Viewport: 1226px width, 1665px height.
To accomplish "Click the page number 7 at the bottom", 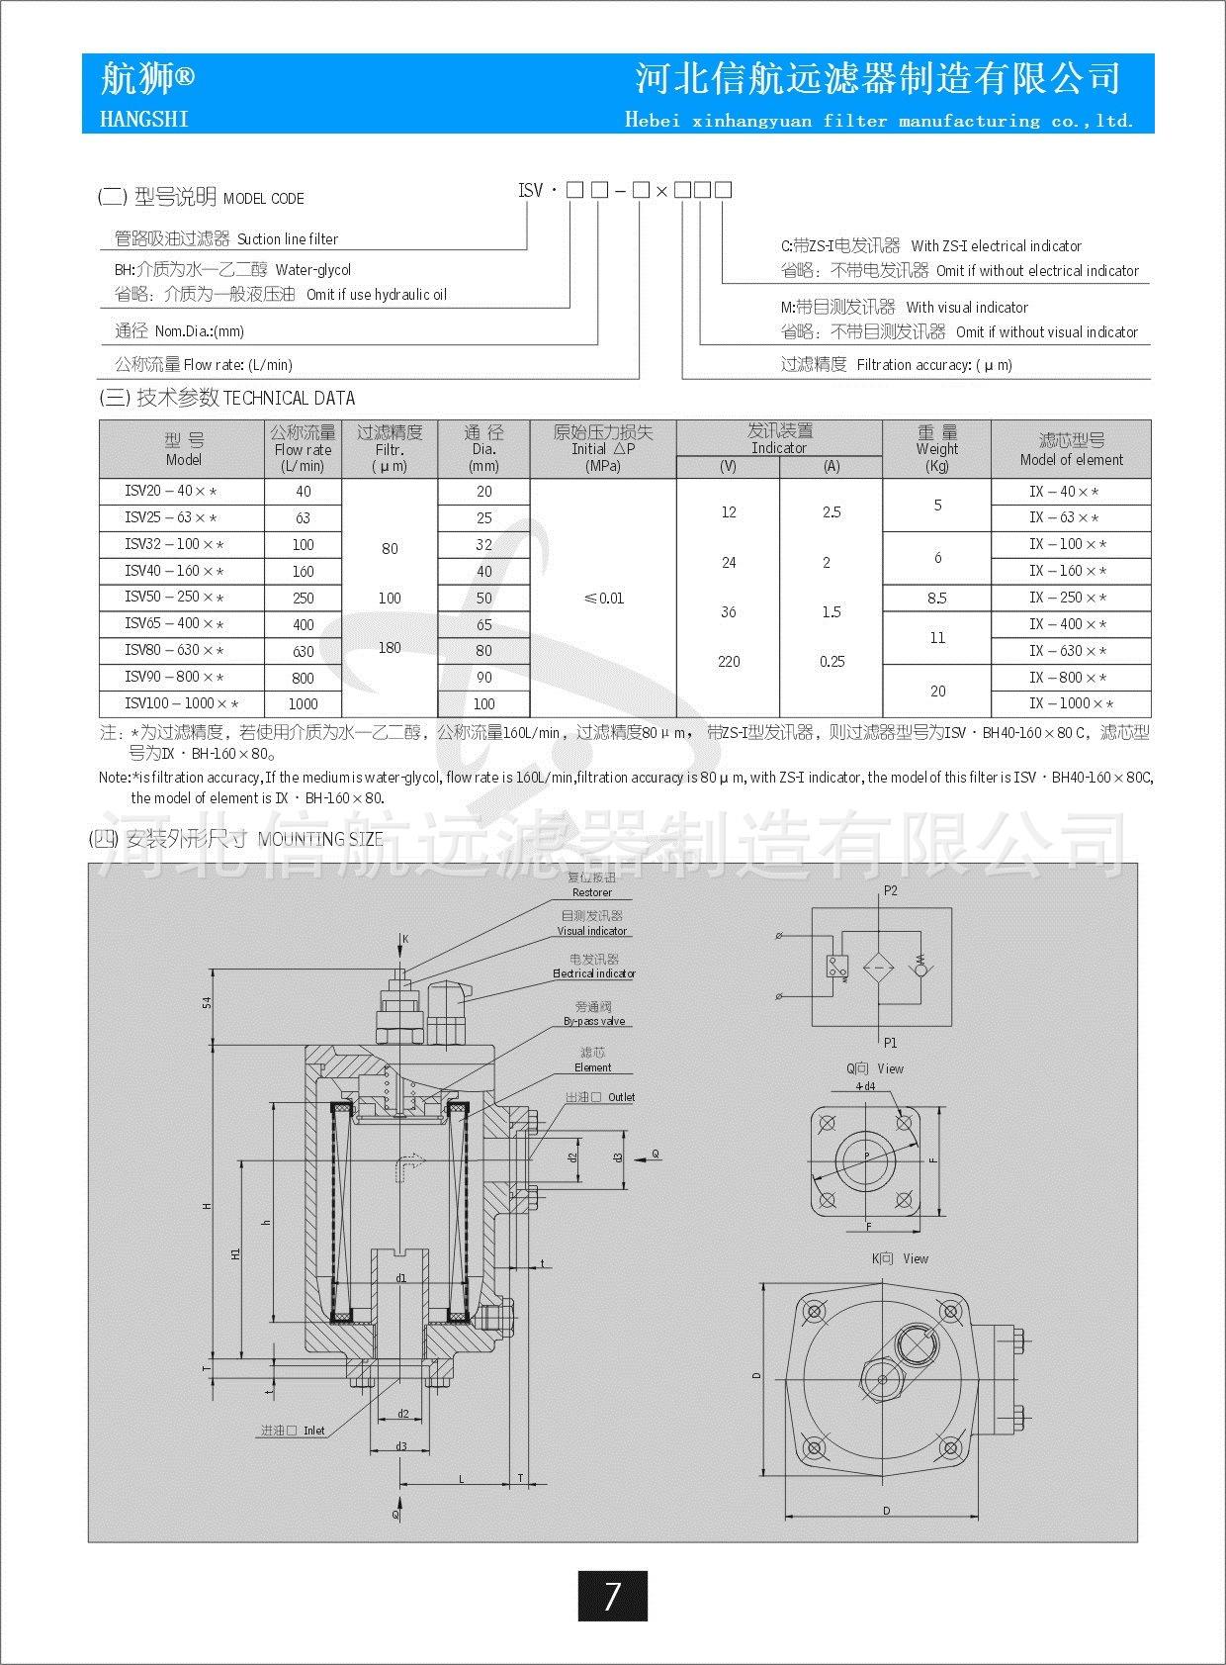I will pyautogui.click(x=612, y=1596).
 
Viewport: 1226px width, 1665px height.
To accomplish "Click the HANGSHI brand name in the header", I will pyautogui.click(x=144, y=119).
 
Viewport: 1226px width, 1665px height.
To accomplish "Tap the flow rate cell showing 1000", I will pyautogui.click(x=303, y=704).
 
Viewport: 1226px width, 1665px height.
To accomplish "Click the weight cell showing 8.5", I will pyautogui.click(x=936, y=598).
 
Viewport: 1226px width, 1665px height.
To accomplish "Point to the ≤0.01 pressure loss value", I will pyautogui.click(x=603, y=599).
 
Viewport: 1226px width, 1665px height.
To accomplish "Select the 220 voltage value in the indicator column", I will pyautogui.click(x=729, y=662).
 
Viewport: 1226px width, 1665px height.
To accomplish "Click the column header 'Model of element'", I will pyautogui.click(x=1071, y=460).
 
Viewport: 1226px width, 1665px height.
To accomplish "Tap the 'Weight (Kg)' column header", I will pyautogui.click(x=936, y=449).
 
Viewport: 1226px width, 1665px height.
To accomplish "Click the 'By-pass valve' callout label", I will pyautogui.click(x=594, y=1021).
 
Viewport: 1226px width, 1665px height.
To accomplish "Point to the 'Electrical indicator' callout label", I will pyautogui.click(x=594, y=973).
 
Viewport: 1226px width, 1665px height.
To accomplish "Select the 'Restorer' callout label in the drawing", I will pyautogui.click(x=592, y=892).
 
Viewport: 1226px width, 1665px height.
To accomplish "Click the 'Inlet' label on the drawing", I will pyautogui.click(x=314, y=1431).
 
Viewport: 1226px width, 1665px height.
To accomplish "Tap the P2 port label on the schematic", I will pyautogui.click(x=891, y=890).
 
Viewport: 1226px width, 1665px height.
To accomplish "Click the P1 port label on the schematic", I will pyautogui.click(x=891, y=1043).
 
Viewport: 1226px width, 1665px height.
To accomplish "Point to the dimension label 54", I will pyautogui.click(x=208, y=1003).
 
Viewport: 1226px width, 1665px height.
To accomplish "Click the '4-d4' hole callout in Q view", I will pyautogui.click(x=865, y=1086).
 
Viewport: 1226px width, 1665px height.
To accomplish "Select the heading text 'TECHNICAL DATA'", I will pyautogui.click(x=289, y=399).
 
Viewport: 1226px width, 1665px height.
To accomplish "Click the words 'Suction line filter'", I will pyautogui.click(x=288, y=239).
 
